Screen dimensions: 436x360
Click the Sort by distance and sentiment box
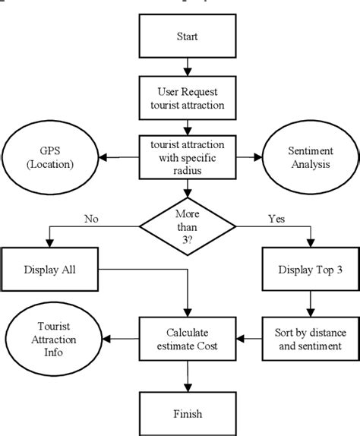click(310, 334)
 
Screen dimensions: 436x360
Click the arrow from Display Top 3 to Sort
click(310, 304)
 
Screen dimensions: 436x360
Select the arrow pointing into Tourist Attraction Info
click(118, 334)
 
